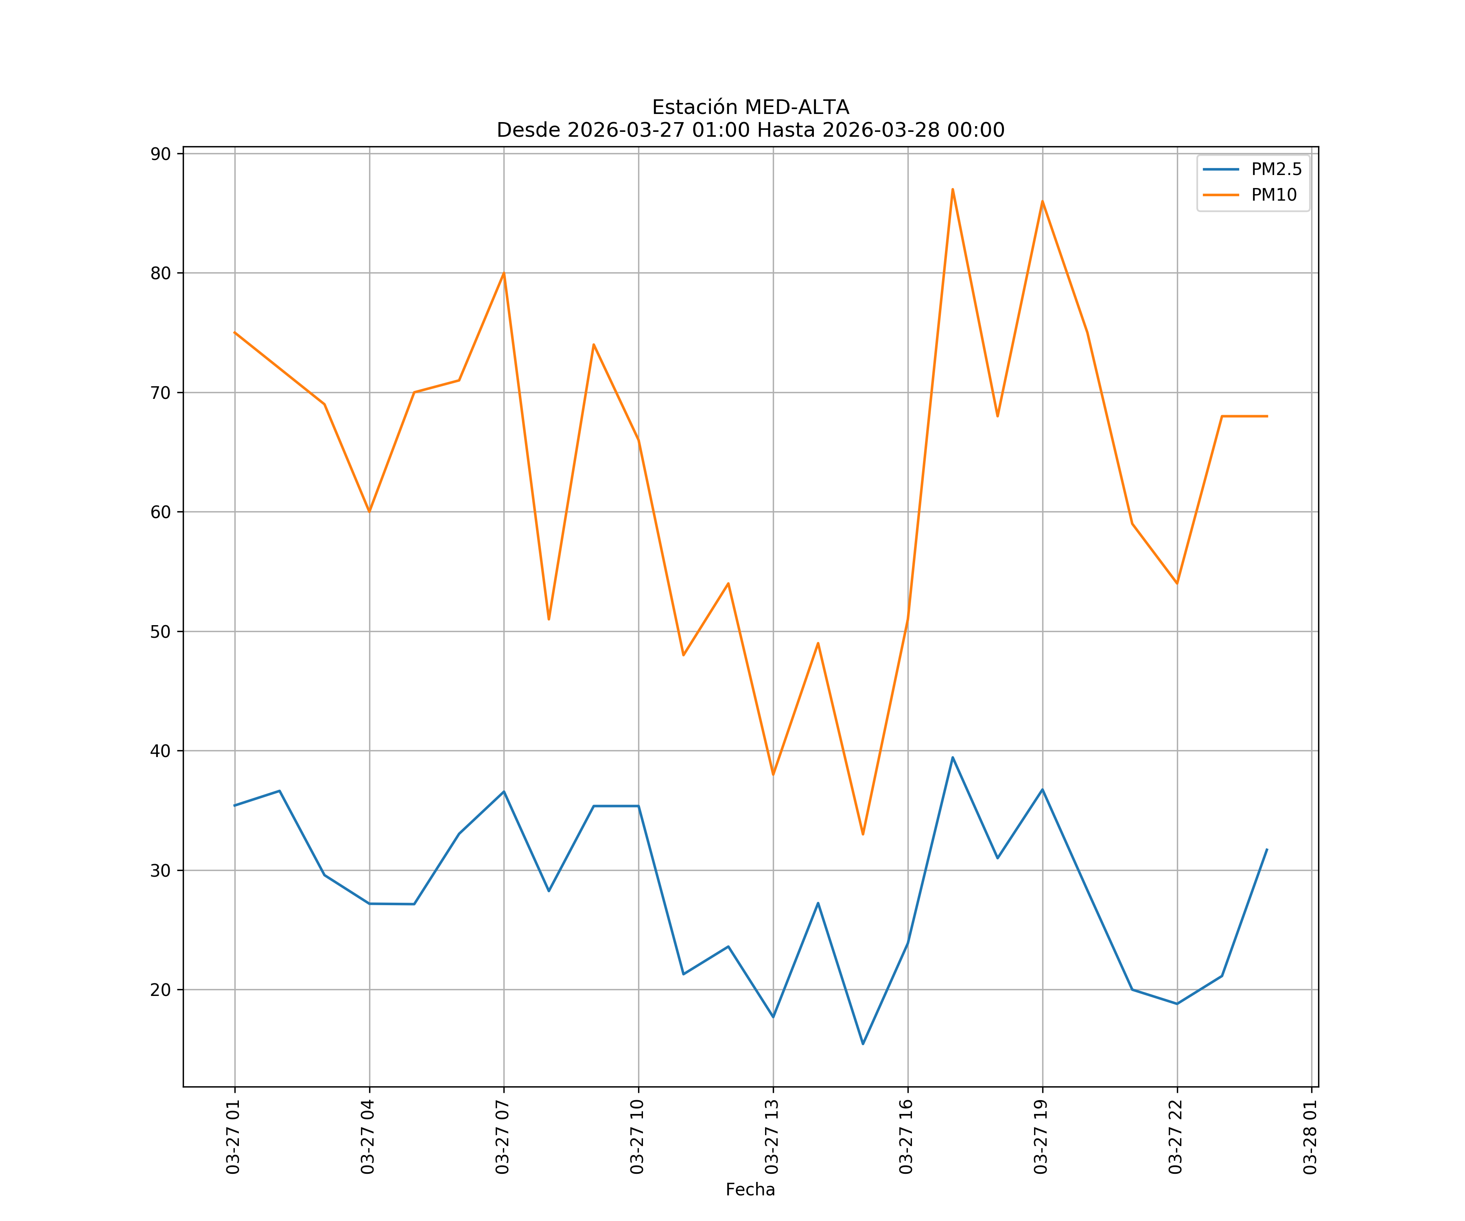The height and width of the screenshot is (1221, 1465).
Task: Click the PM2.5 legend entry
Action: coord(1276,170)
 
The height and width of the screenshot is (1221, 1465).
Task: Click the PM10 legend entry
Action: coord(1274,195)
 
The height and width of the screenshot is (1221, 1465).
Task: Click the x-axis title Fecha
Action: coord(750,1190)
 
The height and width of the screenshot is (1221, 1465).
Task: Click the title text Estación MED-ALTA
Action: coord(750,107)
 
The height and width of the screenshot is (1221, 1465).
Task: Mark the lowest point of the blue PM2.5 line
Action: coord(863,1044)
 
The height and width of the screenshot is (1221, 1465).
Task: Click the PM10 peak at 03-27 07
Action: coord(504,273)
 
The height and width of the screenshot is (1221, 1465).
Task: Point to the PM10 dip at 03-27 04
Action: coord(369,512)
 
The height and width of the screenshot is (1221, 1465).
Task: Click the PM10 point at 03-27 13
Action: coord(773,775)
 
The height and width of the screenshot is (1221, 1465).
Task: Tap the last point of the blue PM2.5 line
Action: coord(1267,850)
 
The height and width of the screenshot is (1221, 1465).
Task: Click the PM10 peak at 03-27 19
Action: coord(1042,201)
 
